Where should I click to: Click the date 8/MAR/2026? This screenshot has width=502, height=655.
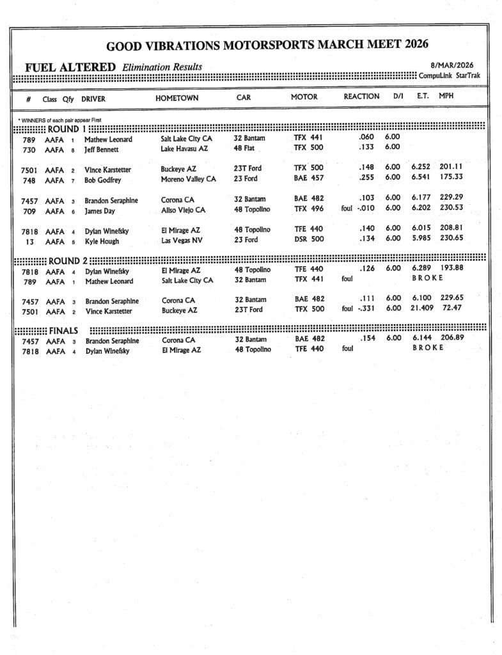pos(452,65)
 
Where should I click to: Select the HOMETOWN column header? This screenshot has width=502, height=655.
pos(176,98)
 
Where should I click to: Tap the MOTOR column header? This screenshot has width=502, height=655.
pos(304,97)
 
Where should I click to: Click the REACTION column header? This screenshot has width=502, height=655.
pos(361,97)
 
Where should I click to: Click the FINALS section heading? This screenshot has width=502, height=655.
pos(63,331)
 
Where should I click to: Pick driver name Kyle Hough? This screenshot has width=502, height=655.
pos(102,241)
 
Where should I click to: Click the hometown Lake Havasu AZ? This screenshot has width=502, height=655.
pos(184,149)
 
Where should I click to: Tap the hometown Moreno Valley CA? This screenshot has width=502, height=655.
pos(188,179)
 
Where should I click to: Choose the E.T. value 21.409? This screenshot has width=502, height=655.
pos(421,308)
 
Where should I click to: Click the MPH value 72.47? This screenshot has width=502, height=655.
pos(451,308)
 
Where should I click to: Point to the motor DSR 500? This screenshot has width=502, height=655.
pos(308,239)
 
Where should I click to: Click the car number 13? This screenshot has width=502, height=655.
pos(28,241)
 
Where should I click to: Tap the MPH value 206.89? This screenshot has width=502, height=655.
pos(451,337)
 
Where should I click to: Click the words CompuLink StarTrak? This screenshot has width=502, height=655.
pos(449,75)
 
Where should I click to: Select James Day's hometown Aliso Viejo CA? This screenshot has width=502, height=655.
pos(183,210)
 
